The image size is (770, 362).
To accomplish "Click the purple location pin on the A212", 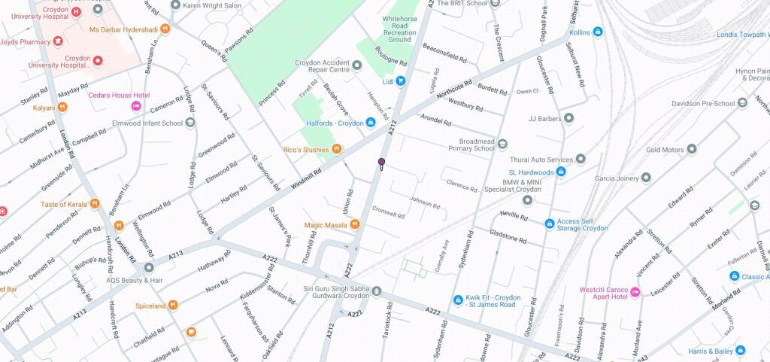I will point(381,163).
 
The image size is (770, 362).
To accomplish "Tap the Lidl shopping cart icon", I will point(402,81).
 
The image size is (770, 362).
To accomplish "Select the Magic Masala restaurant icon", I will point(355,224).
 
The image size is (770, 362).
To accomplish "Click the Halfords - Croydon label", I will point(334,123).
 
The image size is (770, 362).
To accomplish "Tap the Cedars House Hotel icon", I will point(136,106).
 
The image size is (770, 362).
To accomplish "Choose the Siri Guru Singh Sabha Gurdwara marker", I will point(377,291).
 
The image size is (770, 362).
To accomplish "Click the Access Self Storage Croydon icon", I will point(550,223).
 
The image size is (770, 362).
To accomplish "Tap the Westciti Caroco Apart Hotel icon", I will point(635,291).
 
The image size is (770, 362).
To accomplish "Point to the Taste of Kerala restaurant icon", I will point(94,204).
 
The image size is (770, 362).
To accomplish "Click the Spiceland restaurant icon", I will point(173,305).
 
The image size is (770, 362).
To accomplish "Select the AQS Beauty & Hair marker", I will point(149,268).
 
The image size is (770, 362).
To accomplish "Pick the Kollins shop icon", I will point(598,32).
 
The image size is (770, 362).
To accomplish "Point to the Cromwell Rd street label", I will point(390,213).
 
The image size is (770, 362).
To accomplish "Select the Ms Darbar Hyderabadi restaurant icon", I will point(165,29).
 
